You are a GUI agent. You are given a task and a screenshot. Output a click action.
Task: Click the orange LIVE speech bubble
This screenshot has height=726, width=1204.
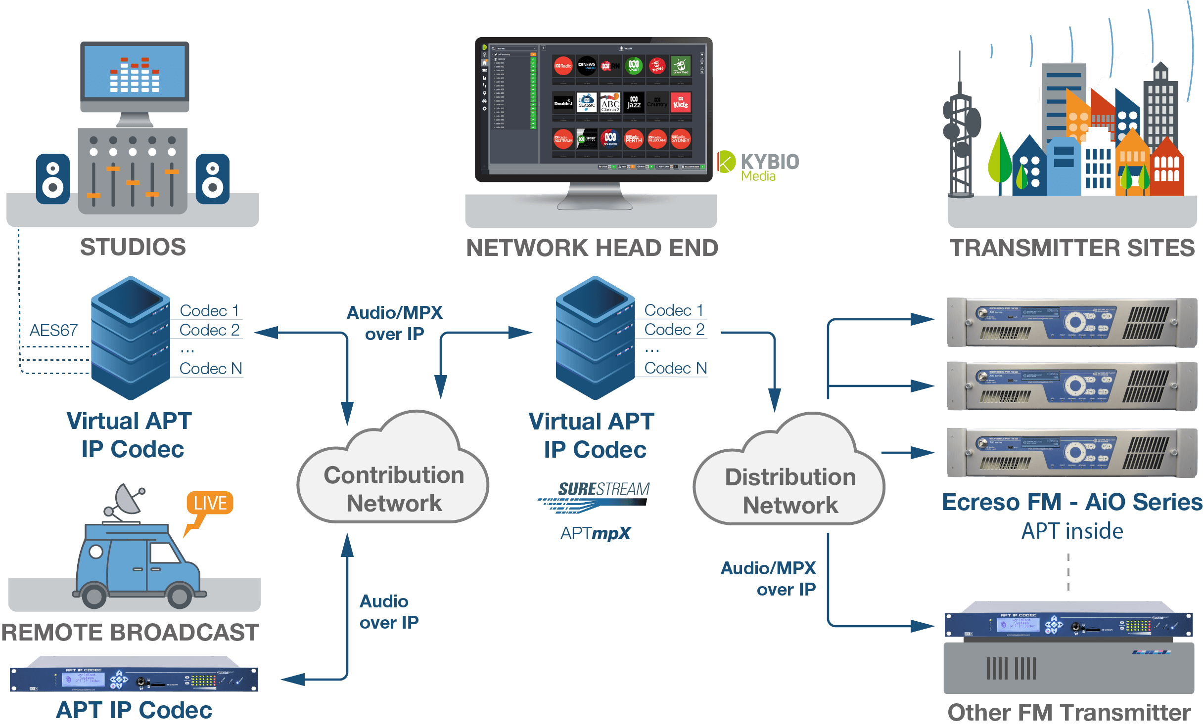209,504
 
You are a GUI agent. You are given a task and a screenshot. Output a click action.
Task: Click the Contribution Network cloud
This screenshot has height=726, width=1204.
393,482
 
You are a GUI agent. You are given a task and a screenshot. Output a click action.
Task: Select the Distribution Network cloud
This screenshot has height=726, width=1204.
789,484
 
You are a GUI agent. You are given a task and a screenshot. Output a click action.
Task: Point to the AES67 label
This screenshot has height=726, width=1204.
53,330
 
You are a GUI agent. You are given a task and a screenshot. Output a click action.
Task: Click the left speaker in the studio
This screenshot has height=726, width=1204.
52,179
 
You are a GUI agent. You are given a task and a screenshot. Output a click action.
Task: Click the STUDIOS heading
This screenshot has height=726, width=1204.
133,247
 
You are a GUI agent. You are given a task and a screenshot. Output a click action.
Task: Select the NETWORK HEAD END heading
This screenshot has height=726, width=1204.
592,248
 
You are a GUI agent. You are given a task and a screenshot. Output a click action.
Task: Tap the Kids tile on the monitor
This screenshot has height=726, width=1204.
681,103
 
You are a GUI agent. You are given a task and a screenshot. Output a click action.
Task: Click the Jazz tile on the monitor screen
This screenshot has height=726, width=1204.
634,103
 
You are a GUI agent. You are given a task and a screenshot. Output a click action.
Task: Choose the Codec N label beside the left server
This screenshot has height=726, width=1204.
210,369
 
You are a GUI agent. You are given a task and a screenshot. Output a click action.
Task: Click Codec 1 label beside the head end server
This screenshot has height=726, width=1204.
674,310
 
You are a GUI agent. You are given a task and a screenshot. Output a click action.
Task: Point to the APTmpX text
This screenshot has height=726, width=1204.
596,533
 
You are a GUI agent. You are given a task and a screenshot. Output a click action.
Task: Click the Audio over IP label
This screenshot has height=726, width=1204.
389,612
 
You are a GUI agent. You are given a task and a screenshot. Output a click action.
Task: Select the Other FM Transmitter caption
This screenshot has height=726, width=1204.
1068,713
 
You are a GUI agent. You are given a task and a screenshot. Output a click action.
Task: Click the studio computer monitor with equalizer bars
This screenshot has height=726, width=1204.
135,74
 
